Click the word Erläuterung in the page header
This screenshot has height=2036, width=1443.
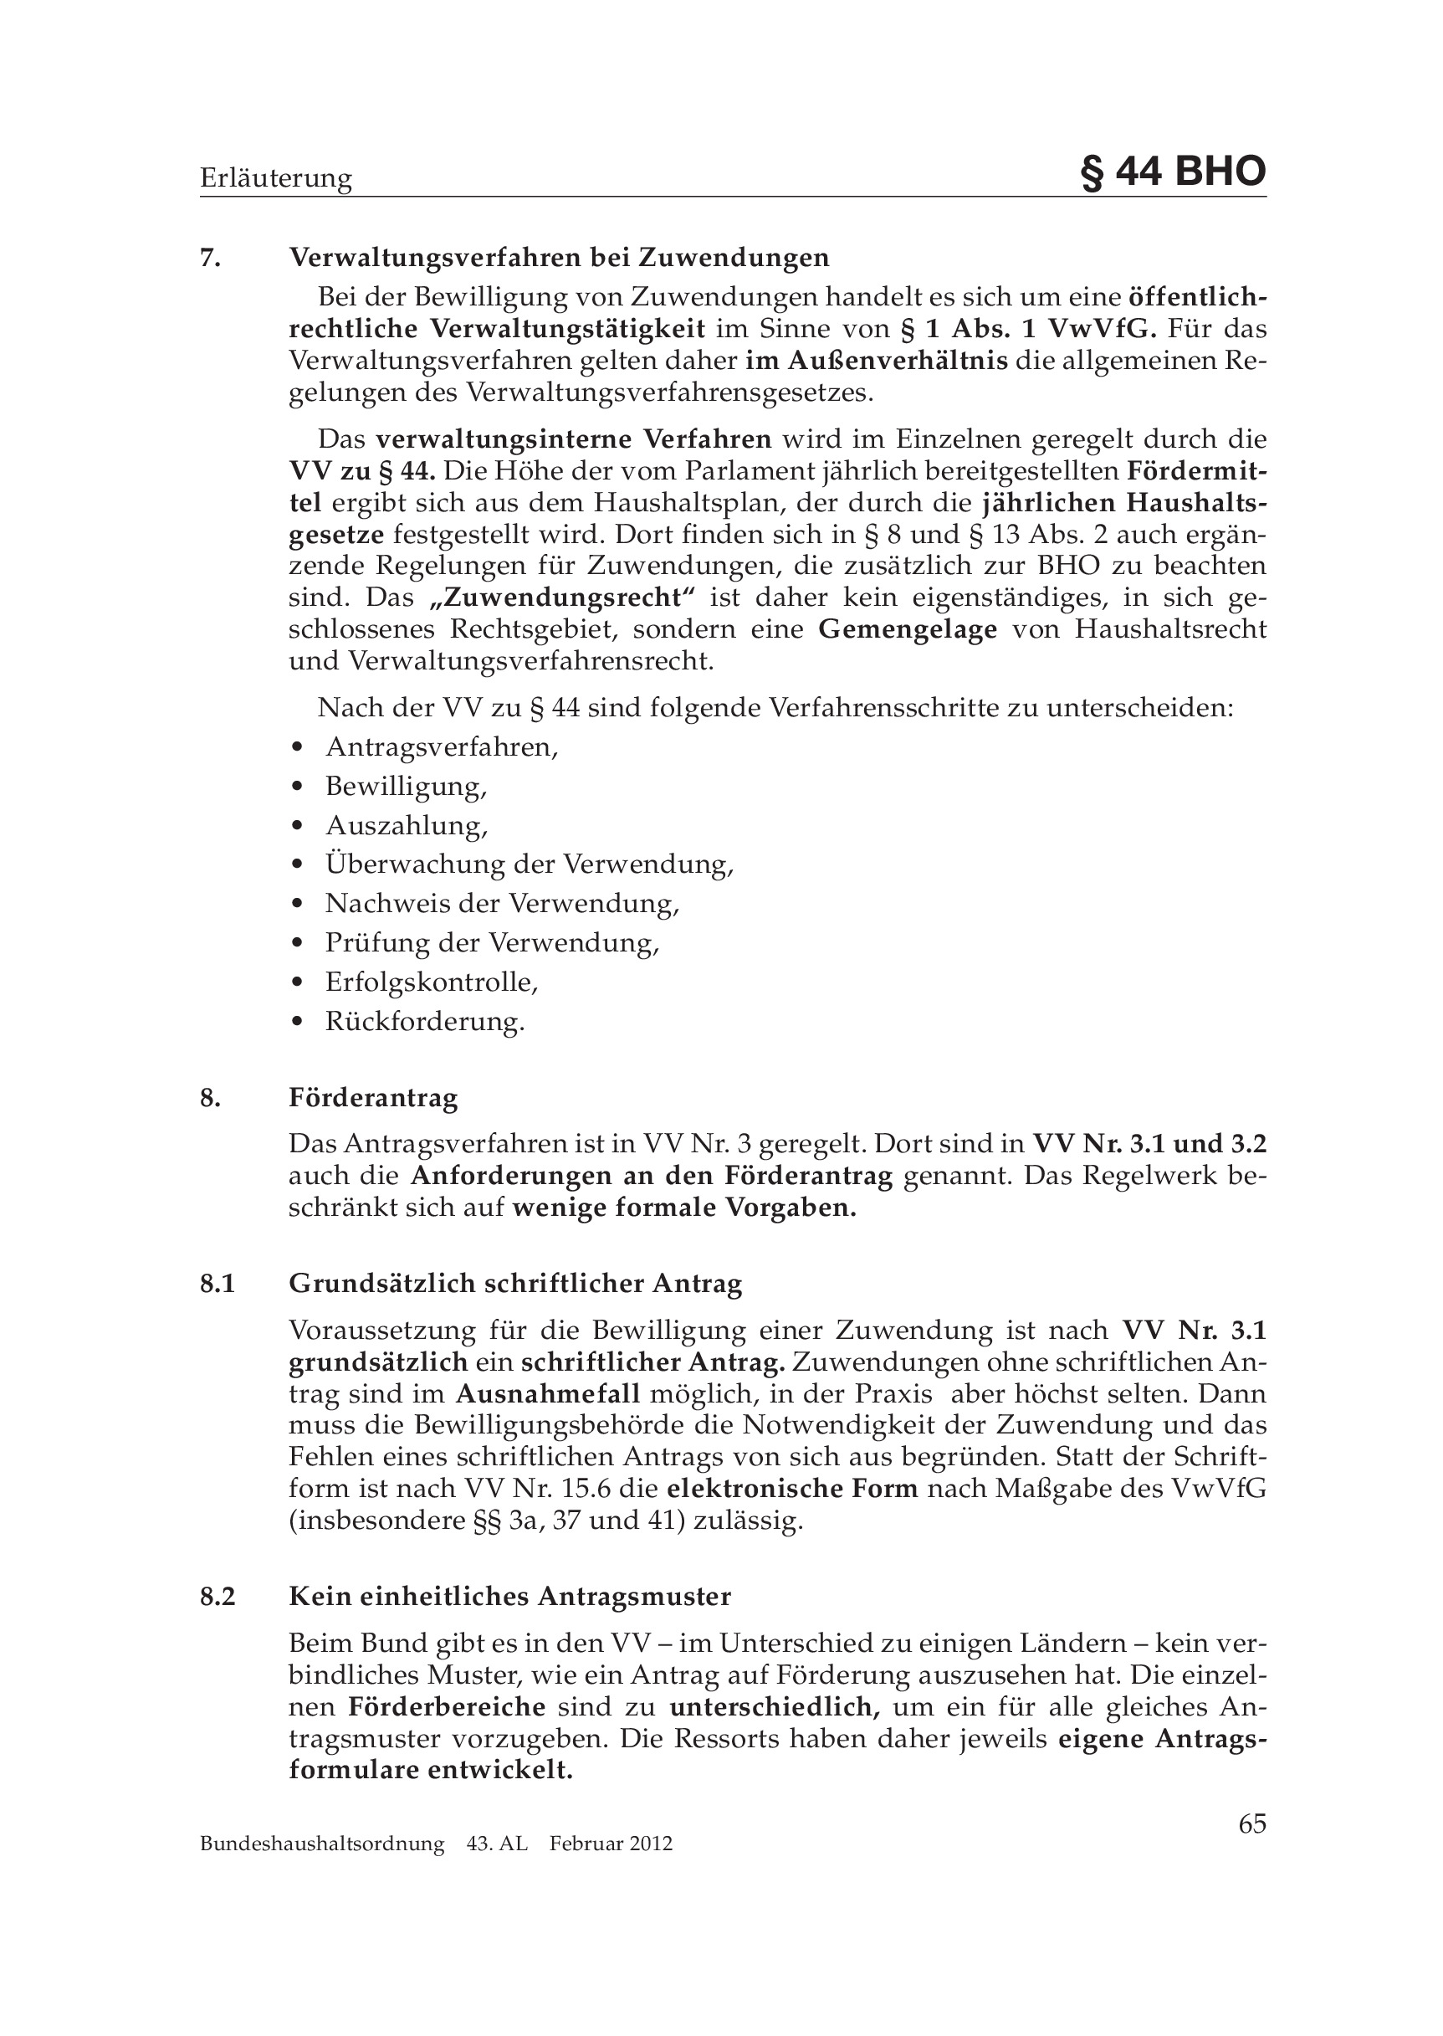click(x=275, y=178)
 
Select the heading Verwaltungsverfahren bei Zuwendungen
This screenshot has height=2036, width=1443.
click(x=559, y=258)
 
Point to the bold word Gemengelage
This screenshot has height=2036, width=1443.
click(x=907, y=629)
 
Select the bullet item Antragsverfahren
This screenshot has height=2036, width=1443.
click(x=441, y=746)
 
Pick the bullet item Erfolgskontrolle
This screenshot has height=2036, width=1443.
click(x=432, y=982)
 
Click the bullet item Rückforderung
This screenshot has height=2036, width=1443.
click(x=425, y=1021)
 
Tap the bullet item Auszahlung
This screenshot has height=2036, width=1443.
click(x=406, y=826)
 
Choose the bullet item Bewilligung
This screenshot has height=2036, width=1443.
click(x=406, y=787)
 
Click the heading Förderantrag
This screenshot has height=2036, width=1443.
click(x=373, y=1098)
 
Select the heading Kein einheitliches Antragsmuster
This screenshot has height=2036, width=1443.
click(x=510, y=1596)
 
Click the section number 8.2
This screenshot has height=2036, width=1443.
click(x=217, y=1597)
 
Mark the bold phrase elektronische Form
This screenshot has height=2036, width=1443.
click(x=791, y=1488)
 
